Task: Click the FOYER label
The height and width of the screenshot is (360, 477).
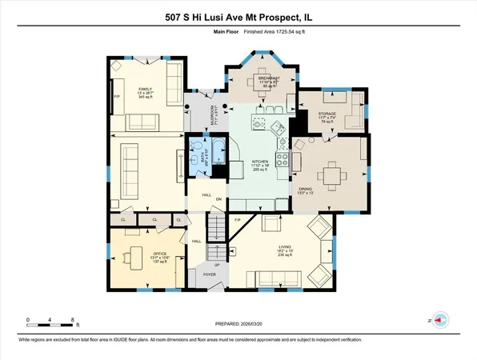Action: [208, 274]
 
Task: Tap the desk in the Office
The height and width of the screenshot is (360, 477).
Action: [127, 256]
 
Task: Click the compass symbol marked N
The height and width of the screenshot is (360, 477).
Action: [437, 318]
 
